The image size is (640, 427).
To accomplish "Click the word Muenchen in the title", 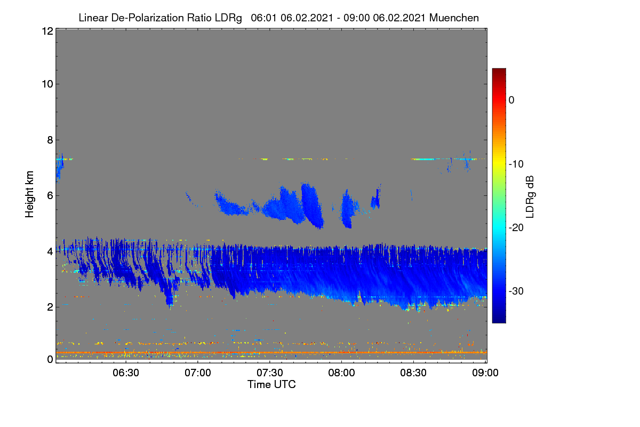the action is (454, 18).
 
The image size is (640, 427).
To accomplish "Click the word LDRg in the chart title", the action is (228, 18).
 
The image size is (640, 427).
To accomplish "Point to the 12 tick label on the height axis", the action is (47, 31).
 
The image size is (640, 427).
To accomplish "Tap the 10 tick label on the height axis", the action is (47, 84).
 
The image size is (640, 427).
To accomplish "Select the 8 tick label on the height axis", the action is (50, 140).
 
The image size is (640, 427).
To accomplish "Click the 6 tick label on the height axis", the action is (50, 196).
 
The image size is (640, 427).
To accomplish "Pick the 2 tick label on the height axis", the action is (50, 307).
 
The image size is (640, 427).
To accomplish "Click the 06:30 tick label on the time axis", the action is (126, 373).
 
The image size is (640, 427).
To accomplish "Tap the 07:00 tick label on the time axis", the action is (198, 373).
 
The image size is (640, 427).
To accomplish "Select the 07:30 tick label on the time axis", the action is (270, 373).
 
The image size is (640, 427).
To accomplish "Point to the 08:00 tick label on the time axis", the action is (341, 373).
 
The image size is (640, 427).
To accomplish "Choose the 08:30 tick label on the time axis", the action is (413, 373).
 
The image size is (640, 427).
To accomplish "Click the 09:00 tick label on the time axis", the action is (485, 373).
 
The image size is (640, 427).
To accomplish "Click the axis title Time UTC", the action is (271, 384).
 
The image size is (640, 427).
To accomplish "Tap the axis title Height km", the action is (29, 194).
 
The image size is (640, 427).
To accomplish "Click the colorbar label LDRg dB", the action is (530, 197).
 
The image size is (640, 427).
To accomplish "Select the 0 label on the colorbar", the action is (511, 100).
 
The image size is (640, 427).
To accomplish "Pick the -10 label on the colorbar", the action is (516, 164).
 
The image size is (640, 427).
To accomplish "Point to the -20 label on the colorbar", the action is (516, 227).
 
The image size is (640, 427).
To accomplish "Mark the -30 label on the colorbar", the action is (516, 291).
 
